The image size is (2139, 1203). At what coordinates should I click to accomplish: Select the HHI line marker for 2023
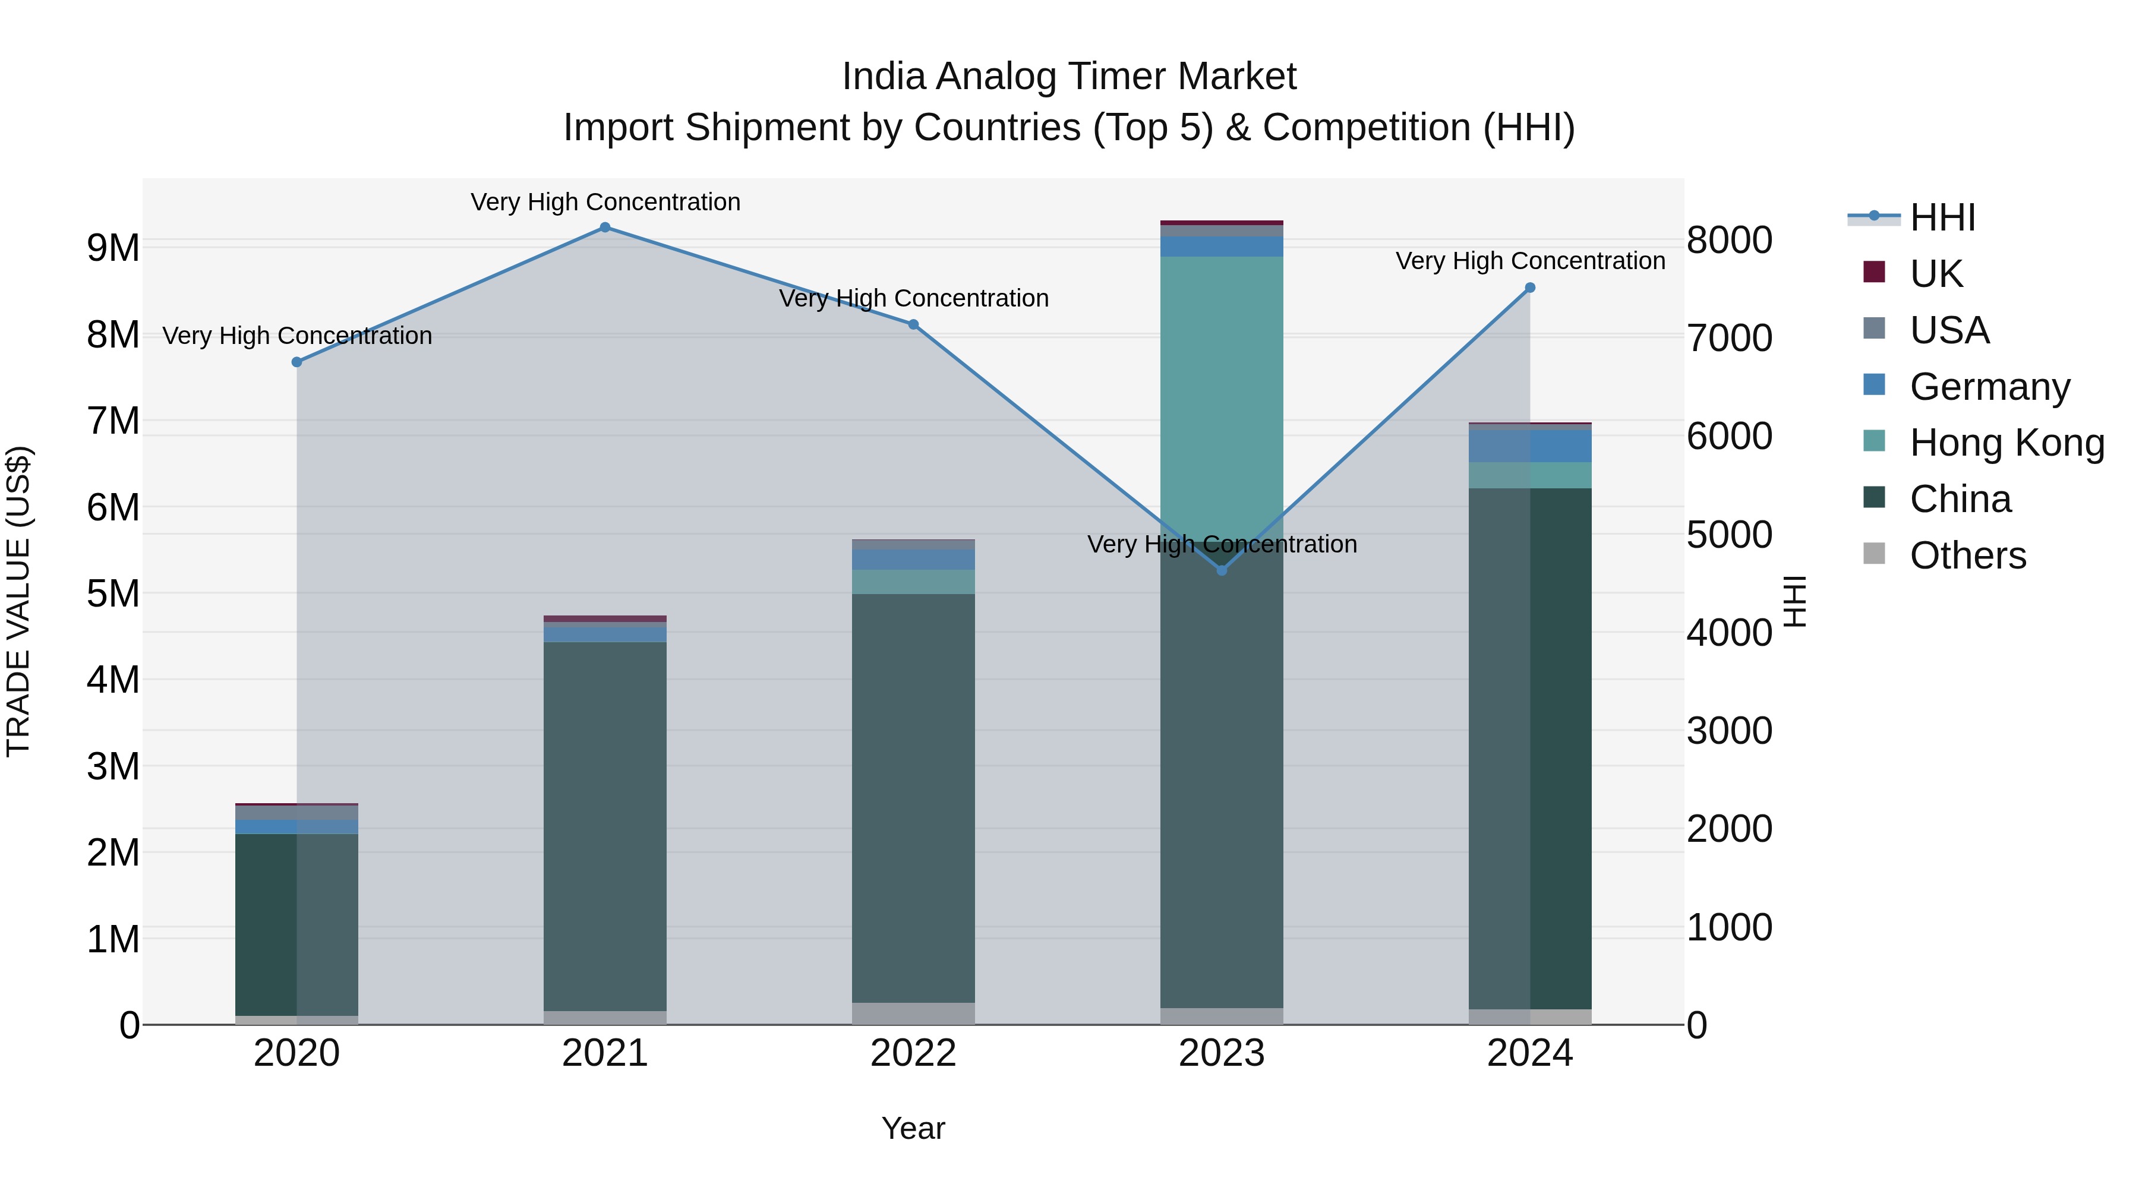[x=1222, y=570]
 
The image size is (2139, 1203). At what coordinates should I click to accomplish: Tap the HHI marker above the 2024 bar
[x=1531, y=288]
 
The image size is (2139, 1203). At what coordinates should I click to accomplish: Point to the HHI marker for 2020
[x=296, y=362]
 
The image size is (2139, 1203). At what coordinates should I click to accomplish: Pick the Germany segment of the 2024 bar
[x=1531, y=446]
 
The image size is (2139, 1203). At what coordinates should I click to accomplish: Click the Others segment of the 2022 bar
[x=913, y=1013]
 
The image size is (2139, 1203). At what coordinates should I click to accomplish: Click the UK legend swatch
[x=1874, y=272]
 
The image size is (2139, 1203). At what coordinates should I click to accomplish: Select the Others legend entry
[x=1967, y=555]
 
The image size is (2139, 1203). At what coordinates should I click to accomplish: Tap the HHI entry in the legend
[x=1941, y=217]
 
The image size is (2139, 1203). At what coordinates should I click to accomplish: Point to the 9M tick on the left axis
[x=113, y=247]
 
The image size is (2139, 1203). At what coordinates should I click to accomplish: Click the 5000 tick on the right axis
[x=1730, y=535]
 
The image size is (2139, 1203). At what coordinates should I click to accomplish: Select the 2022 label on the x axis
[x=913, y=1053]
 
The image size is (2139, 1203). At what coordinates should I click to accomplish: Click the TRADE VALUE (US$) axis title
[x=18, y=601]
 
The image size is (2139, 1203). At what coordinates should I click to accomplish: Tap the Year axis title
[x=913, y=1128]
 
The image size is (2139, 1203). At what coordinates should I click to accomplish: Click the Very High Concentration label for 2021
[x=605, y=202]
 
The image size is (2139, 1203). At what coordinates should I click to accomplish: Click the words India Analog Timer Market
[x=1069, y=77]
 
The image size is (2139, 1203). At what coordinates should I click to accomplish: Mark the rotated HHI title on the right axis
[x=1794, y=601]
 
